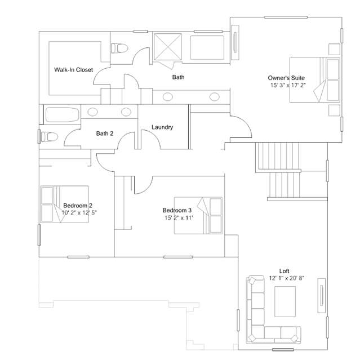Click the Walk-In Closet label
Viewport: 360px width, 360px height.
(73, 69)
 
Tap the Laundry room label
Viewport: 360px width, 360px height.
(162, 127)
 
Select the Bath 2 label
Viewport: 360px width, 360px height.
(105, 134)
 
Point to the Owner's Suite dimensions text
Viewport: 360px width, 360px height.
(288, 85)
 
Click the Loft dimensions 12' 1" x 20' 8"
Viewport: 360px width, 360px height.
(287, 278)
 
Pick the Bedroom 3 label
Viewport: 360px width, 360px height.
(177, 210)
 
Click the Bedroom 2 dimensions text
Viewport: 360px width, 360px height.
(79, 212)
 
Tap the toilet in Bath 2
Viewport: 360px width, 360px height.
(50, 137)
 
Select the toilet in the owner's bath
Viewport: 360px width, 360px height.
(119, 48)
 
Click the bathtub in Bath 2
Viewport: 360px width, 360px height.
(62, 114)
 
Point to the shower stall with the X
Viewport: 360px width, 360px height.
(167, 47)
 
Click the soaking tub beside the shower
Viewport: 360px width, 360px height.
(207, 47)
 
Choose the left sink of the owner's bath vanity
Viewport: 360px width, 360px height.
(168, 97)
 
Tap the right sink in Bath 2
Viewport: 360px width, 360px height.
(126, 112)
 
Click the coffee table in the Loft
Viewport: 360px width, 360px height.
(285, 301)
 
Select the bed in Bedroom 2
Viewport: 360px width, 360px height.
(65, 204)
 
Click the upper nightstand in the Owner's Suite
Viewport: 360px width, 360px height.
(334, 49)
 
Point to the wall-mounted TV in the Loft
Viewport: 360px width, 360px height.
(322, 295)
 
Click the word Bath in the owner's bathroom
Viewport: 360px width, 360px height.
(178, 77)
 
